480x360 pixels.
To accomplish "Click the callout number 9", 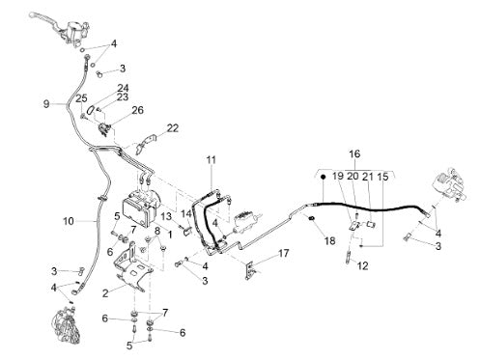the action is (x=46, y=104).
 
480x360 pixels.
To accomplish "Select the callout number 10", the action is (x=69, y=221).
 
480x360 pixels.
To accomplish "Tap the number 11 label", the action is (x=212, y=159).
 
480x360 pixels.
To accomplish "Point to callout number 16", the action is (x=354, y=153).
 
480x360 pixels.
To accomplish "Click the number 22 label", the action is (x=173, y=128).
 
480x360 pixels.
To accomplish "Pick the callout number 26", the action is (x=137, y=110).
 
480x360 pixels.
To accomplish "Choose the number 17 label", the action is (x=284, y=253).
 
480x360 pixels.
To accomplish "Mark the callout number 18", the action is (x=330, y=240).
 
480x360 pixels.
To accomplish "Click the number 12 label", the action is (x=362, y=265).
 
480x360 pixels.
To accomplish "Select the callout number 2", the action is (x=105, y=293).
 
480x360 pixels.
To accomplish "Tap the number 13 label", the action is (x=166, y=216).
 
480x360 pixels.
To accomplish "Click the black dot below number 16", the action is (x=323, y=177).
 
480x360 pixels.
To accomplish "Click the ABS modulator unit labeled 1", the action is (x=143, y=206).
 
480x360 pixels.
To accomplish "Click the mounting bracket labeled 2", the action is (x=132, y=269).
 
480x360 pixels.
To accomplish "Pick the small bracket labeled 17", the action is (x=250, y=271).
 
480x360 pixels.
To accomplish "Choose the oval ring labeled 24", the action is (x=90, y=110).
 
